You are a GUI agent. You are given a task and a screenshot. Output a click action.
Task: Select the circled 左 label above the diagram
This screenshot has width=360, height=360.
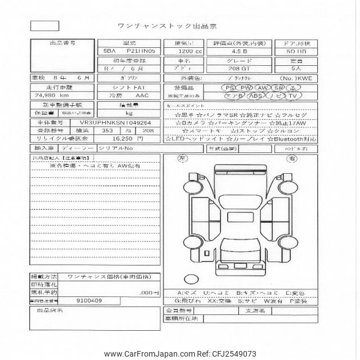(x=182, y=159)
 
